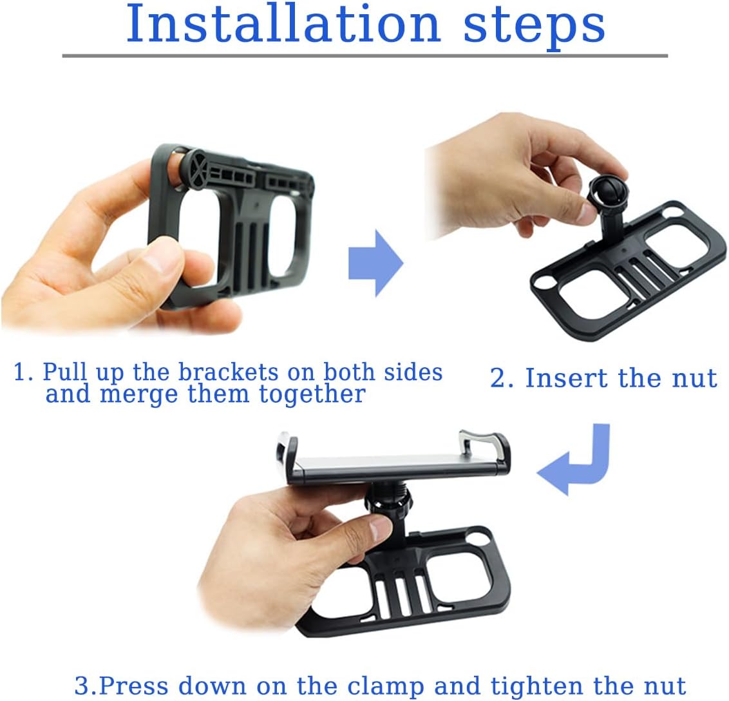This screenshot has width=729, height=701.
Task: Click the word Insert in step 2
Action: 567,378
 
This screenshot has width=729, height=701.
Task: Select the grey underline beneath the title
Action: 364,56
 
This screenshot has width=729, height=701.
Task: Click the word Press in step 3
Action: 136,686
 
